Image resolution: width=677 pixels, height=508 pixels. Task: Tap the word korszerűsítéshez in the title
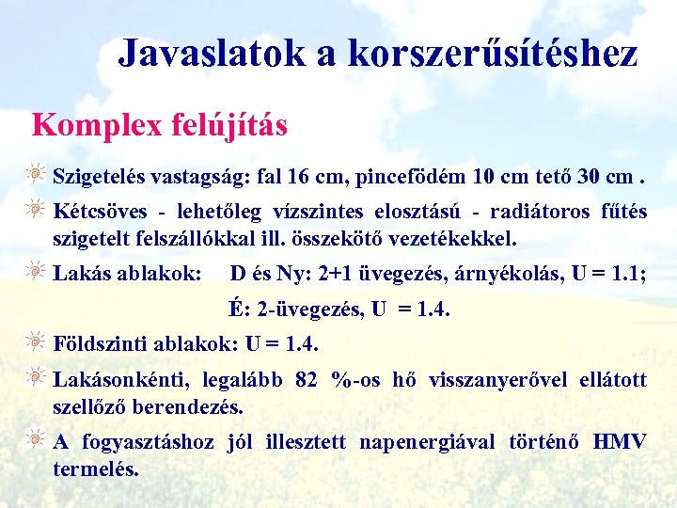[x=493, y=54]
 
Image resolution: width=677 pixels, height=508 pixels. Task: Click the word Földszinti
[x=96, y=342]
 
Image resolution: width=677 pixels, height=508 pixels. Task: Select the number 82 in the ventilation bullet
[x=307, y=380]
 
